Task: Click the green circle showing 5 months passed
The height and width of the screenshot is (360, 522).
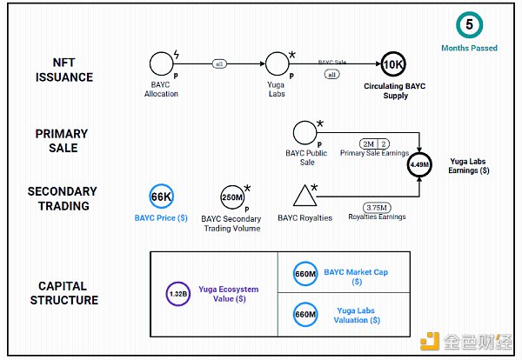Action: point(470,25)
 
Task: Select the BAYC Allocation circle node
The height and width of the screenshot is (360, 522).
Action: point(161,63)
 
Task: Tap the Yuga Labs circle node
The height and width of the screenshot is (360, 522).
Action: point(276,63)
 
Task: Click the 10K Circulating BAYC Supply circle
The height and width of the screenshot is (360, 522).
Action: point(393,63)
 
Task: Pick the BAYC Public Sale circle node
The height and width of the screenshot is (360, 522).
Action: point(304,132)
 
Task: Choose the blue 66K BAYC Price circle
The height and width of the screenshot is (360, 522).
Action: point(162,196)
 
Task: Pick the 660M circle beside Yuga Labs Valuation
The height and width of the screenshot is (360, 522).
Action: point(305,313)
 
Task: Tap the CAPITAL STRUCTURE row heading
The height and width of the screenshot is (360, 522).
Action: point(68,293)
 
